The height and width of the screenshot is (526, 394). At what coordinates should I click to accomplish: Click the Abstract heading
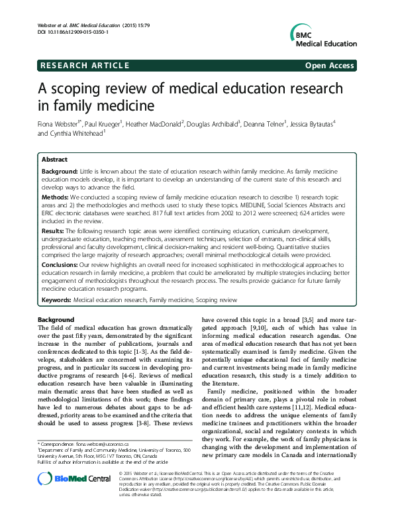click(x=54, y=160)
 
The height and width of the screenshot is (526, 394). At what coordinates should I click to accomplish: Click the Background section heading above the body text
click(x=56, y=320)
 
